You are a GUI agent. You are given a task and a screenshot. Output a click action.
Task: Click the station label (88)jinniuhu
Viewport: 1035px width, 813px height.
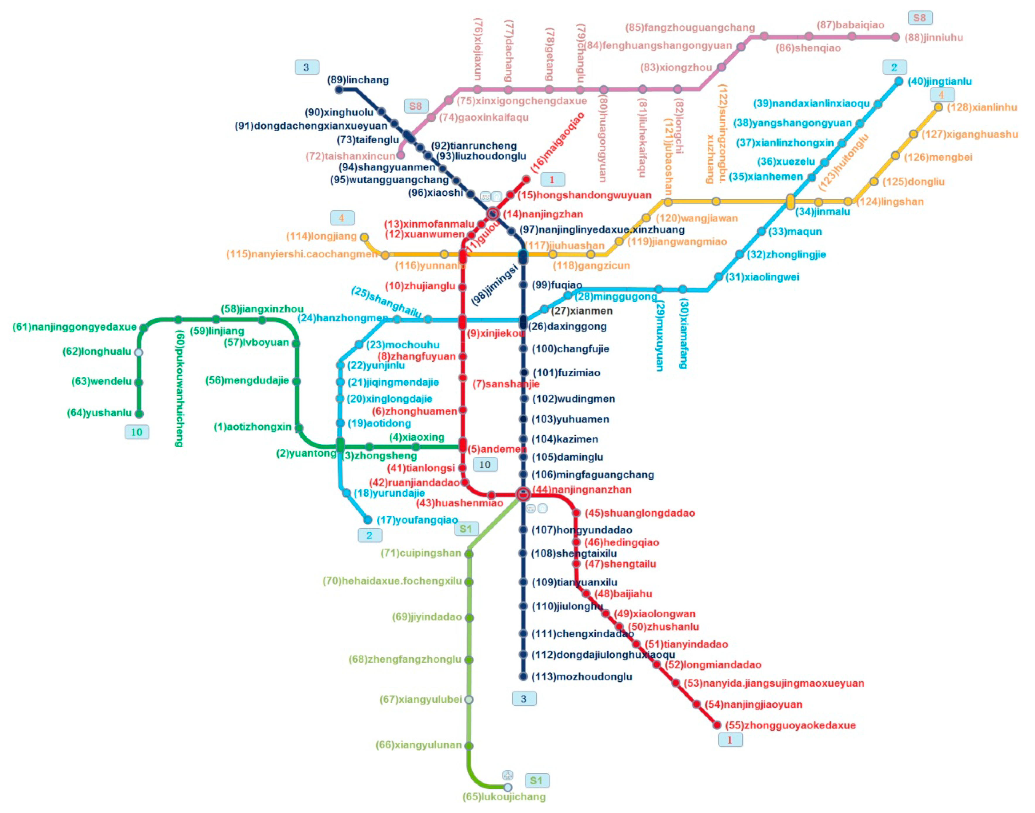[x=933, y=38]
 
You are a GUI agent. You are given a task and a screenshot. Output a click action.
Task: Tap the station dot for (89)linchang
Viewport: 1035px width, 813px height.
[x=339, y=90]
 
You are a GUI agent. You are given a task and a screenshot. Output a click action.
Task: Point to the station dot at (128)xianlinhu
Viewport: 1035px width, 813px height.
[x=938, y=107]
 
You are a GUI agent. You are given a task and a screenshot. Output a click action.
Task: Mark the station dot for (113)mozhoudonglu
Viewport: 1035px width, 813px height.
[x=523, y=676]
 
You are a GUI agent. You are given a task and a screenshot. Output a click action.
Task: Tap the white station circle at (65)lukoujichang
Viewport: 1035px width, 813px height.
[x=508, y=787]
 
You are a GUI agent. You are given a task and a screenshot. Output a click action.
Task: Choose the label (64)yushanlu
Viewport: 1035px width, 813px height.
[x=99, y=413]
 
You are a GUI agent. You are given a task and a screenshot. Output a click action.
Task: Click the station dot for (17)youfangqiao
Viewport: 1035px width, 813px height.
[x=368, y=520]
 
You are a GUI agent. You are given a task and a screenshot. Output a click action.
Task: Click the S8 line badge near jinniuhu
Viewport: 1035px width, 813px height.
[x=919, y=18]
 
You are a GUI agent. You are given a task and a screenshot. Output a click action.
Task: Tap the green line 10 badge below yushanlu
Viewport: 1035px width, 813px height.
[x=137, y=432]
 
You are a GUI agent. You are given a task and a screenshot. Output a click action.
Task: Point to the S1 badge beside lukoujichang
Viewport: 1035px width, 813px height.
[x=536, y=781]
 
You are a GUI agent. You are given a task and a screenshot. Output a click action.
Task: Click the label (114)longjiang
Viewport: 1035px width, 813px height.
[x=321, y=236]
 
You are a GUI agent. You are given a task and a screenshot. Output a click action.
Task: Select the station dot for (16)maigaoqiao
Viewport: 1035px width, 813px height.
[x=526, y=179]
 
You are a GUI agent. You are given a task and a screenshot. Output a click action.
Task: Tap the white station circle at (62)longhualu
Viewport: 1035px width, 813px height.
[x=138, y=352]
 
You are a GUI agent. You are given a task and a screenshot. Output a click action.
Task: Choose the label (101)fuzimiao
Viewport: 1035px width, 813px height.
[x=566, y=373]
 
